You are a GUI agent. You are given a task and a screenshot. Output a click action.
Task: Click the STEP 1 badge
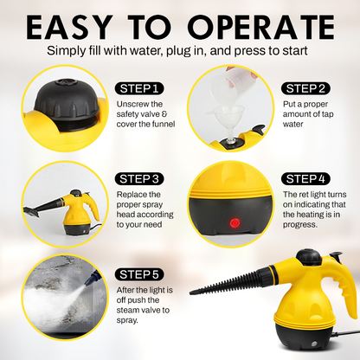pos(138,88)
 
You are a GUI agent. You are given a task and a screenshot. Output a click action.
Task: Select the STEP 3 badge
pos(139,179)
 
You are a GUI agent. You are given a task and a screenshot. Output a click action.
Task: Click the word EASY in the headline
pos(82,27)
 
